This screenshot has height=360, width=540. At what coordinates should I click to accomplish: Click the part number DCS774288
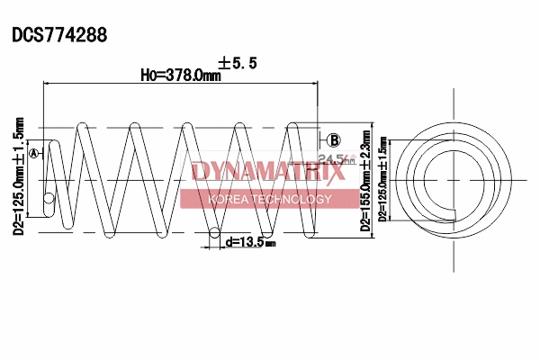(x=59, y=35)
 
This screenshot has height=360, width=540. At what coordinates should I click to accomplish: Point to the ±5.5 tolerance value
(x=238, y=63)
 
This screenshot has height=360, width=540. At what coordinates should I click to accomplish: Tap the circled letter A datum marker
(x=34, y=154)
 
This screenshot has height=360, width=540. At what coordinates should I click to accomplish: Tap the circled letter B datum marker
(x=333, y=139)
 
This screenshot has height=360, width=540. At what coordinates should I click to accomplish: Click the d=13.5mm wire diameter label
(x=250, y=241)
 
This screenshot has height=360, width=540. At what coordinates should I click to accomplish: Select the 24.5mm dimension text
(x=333, y=160)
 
